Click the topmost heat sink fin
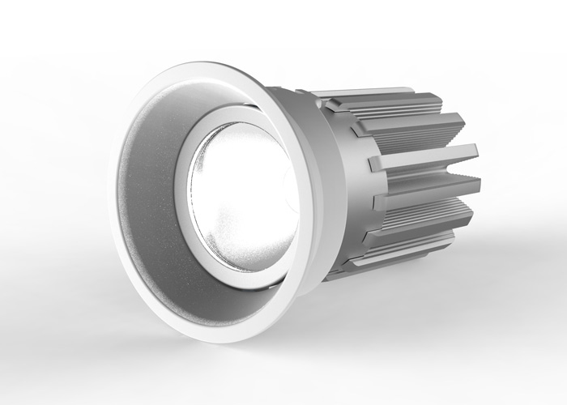pos(381,100)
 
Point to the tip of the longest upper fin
pos(474,155)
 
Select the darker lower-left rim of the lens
pos(202,243)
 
